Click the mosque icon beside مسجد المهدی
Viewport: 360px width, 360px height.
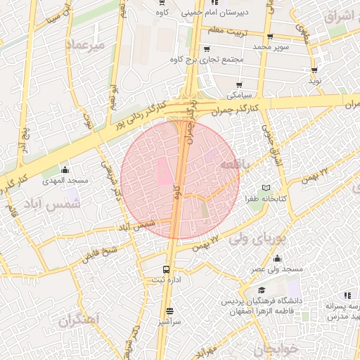click(x=65, y=169)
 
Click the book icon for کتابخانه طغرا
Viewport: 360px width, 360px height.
click(x=265, y=188)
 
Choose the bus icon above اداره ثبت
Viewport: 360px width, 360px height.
click(x=167, y=269)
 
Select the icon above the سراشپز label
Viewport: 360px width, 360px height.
click(x=169, y=311)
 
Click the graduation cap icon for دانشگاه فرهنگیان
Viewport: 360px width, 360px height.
click(x=262, y=290)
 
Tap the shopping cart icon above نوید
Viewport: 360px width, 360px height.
click(x=314, y=70)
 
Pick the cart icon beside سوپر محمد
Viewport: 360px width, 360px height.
click(x=271, y=37)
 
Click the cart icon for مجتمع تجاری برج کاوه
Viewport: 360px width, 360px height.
click(x=206, y=49)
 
